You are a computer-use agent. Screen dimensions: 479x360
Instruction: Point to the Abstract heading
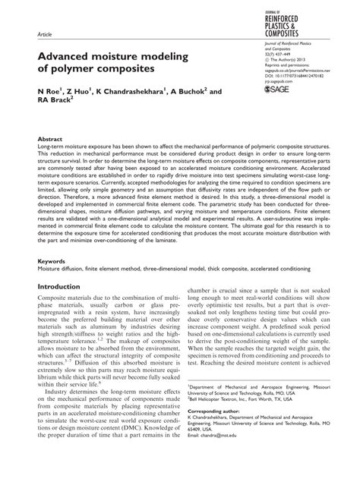click(x=50, y=140)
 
